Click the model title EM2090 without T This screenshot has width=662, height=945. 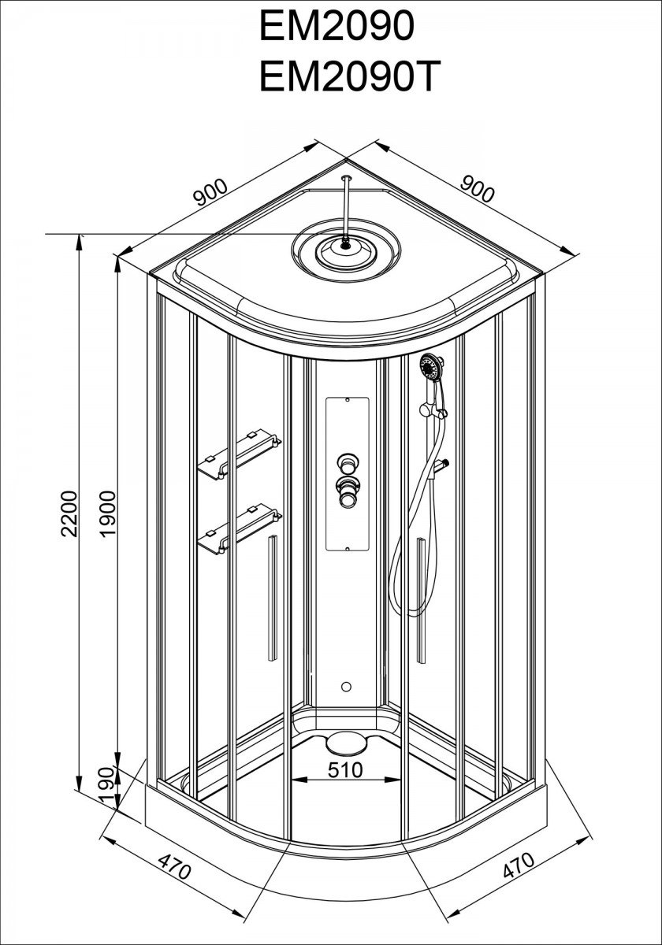[337, 26]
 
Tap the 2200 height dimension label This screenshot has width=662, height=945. [69, 513]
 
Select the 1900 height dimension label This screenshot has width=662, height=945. [109, 513]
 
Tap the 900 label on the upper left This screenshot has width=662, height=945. [210, 192]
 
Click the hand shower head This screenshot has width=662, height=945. [431, 365]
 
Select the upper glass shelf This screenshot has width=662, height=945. [239, 455]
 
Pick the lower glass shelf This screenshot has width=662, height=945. [240, 528]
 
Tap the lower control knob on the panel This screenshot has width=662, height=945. [347, 493]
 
